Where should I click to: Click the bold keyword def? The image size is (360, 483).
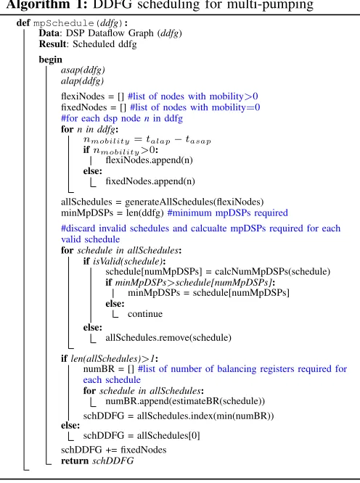23,23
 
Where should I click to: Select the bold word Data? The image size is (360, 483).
49,33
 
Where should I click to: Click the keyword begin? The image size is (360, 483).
51,59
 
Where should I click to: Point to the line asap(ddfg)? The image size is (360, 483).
83,70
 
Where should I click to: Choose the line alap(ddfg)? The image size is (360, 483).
82,81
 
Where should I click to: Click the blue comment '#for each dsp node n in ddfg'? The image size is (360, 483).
122,118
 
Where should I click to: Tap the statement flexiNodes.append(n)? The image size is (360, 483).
150,160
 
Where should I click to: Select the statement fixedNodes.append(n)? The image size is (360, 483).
150,181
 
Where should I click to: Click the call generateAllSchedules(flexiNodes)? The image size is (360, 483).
195,202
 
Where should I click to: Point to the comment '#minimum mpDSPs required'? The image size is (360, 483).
227,212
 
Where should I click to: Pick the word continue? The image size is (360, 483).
145,314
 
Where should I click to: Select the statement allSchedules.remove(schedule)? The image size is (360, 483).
168,338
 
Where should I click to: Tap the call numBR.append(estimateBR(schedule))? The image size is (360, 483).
185,401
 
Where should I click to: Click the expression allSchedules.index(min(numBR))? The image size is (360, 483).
205,416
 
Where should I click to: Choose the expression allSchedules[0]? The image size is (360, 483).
168,436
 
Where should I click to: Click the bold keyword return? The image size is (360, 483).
75,461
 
